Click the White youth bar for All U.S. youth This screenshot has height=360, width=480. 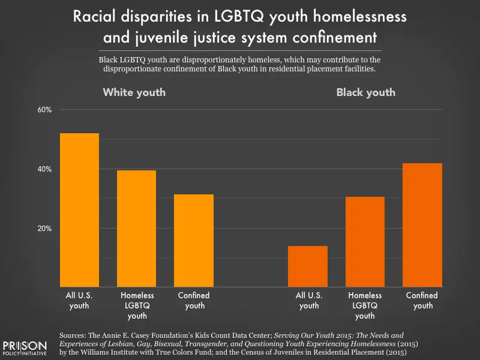pyautogui.click(x=79, y=210)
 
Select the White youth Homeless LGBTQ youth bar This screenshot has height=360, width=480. pyautogui.click(x=137, y=228)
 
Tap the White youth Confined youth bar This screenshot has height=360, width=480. pyautogui.click(x=194, y=240)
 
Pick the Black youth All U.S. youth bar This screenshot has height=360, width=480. pyautogui.click(x=308, y=266)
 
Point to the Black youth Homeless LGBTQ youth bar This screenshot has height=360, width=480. pyautogui.click(x=365, y=241)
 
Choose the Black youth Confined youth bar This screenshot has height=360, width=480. pyautogui.click(x=422, y=225)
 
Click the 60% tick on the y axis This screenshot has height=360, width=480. pyautogui.click(x=46, y=110)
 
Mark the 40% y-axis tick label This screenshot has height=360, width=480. pyautogui.click(x=46, y=170)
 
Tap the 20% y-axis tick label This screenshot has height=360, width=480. pyautogui.click(x=46, y=229)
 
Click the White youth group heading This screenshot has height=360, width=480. pyautogui.click(x=134, y=92)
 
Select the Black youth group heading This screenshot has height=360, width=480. pyautogui.click(x=365, y=92)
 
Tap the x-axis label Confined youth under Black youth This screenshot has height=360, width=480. pyautogui.click(x=422, y=300)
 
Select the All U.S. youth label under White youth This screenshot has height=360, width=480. pyautogui.click(x=79, y=300)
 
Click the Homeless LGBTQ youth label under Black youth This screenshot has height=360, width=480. pyautogui.click(x=365, y=305)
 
